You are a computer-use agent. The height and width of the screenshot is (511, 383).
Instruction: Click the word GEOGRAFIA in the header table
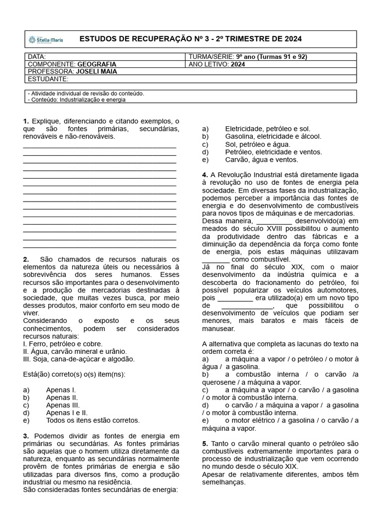pos(97,64)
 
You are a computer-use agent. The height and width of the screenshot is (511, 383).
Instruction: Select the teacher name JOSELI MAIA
pos(96,71)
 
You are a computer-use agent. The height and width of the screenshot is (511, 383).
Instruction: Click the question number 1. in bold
pos(26,121)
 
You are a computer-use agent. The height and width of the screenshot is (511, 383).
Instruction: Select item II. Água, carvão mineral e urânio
pos(75,351)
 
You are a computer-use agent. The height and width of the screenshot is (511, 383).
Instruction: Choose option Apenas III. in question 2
pos(63,405)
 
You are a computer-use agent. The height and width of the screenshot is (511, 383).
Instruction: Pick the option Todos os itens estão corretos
pos(93,420)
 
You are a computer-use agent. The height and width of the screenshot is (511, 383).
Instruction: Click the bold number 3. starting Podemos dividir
pos(26,436)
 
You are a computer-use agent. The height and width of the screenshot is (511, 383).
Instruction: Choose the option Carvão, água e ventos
pos(261,160)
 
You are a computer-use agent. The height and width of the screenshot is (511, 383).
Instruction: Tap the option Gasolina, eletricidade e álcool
pos(273,136)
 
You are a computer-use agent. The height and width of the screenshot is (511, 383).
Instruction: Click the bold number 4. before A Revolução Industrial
pos(205,175)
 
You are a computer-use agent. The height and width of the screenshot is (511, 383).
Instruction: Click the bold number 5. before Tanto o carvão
pos(205,443)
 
